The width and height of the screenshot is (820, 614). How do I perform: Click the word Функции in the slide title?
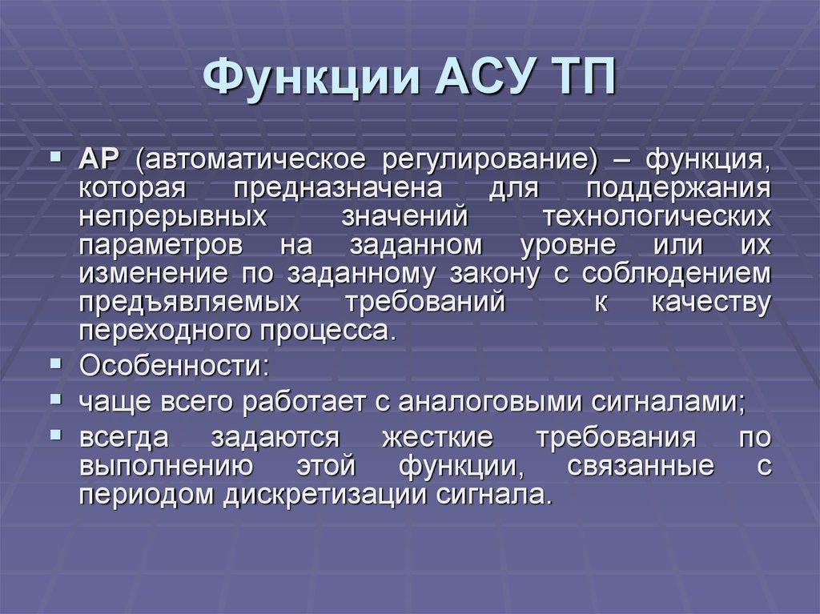[x=312, y=78]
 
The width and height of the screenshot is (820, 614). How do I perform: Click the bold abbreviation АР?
[x=99, y=159]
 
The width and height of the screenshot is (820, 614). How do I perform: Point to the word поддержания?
[x=678, y=189]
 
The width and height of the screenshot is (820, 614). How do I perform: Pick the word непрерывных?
[x=173, y=217]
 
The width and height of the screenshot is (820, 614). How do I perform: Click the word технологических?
[x=657, y=216]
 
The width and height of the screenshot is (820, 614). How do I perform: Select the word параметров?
[x=161, y=246]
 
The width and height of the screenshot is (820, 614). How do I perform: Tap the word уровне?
[x=569, y=246]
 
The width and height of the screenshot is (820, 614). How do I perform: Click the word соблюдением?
[x=676, y=274]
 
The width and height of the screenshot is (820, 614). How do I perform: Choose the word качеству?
[x=711, y=303]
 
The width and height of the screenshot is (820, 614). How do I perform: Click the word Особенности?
[x=171, y=366]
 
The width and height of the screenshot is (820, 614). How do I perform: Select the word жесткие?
[x=437, y=437]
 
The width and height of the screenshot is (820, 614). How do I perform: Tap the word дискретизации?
[x=325, y=495]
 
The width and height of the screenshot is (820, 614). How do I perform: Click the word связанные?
[x=641, y=466]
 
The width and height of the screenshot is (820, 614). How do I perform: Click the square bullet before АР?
[x=56, y=156]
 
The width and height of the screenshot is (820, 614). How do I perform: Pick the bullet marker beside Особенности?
[x=56, y=363]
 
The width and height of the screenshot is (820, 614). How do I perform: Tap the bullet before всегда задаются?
[x=56, y=435]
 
